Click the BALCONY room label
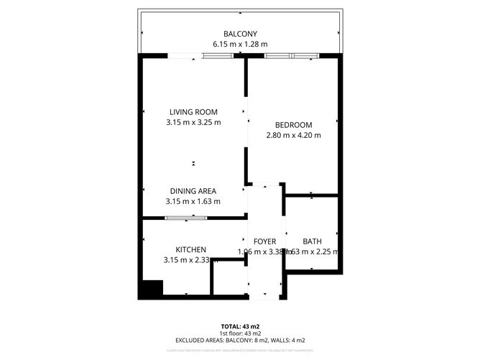(x=239, y=34)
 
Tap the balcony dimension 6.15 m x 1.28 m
(x=239, y=44)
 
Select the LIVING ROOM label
(x=193, y=112)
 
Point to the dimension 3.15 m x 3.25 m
(x=193, y=122)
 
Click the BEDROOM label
(x=293, y=124)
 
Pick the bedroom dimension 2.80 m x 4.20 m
(x=293, y=134)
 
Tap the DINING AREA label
(x=193, y=191)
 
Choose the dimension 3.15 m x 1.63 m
(x=193, y=201)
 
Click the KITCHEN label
(x=191, y=249)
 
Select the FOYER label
(x=265, y=241)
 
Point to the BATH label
(x=312, y=241)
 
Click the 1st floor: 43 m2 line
(x=239, y=333)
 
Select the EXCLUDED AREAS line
(x=239, y=340)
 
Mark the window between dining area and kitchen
(x=186, y=217)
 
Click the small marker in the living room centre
(x=193, y=164)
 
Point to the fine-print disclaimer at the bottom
(x=239, y=350)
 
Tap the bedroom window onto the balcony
(x=292, y=55)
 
